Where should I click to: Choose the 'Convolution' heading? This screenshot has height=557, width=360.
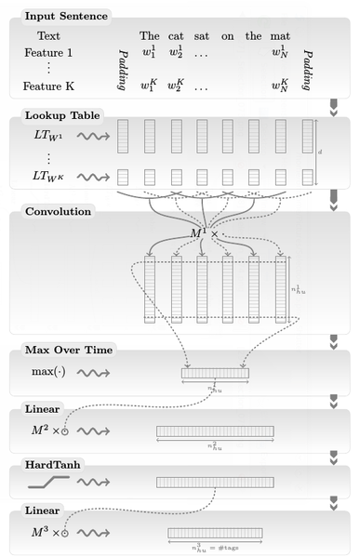tap(58, 211)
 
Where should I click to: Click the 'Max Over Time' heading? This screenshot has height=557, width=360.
tap(68, 350)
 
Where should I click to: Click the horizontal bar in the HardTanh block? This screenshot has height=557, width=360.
tap(215, 482)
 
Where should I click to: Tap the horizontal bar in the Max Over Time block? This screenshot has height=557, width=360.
tap(215, 372)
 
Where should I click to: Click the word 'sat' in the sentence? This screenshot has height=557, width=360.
tap(201, 36)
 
